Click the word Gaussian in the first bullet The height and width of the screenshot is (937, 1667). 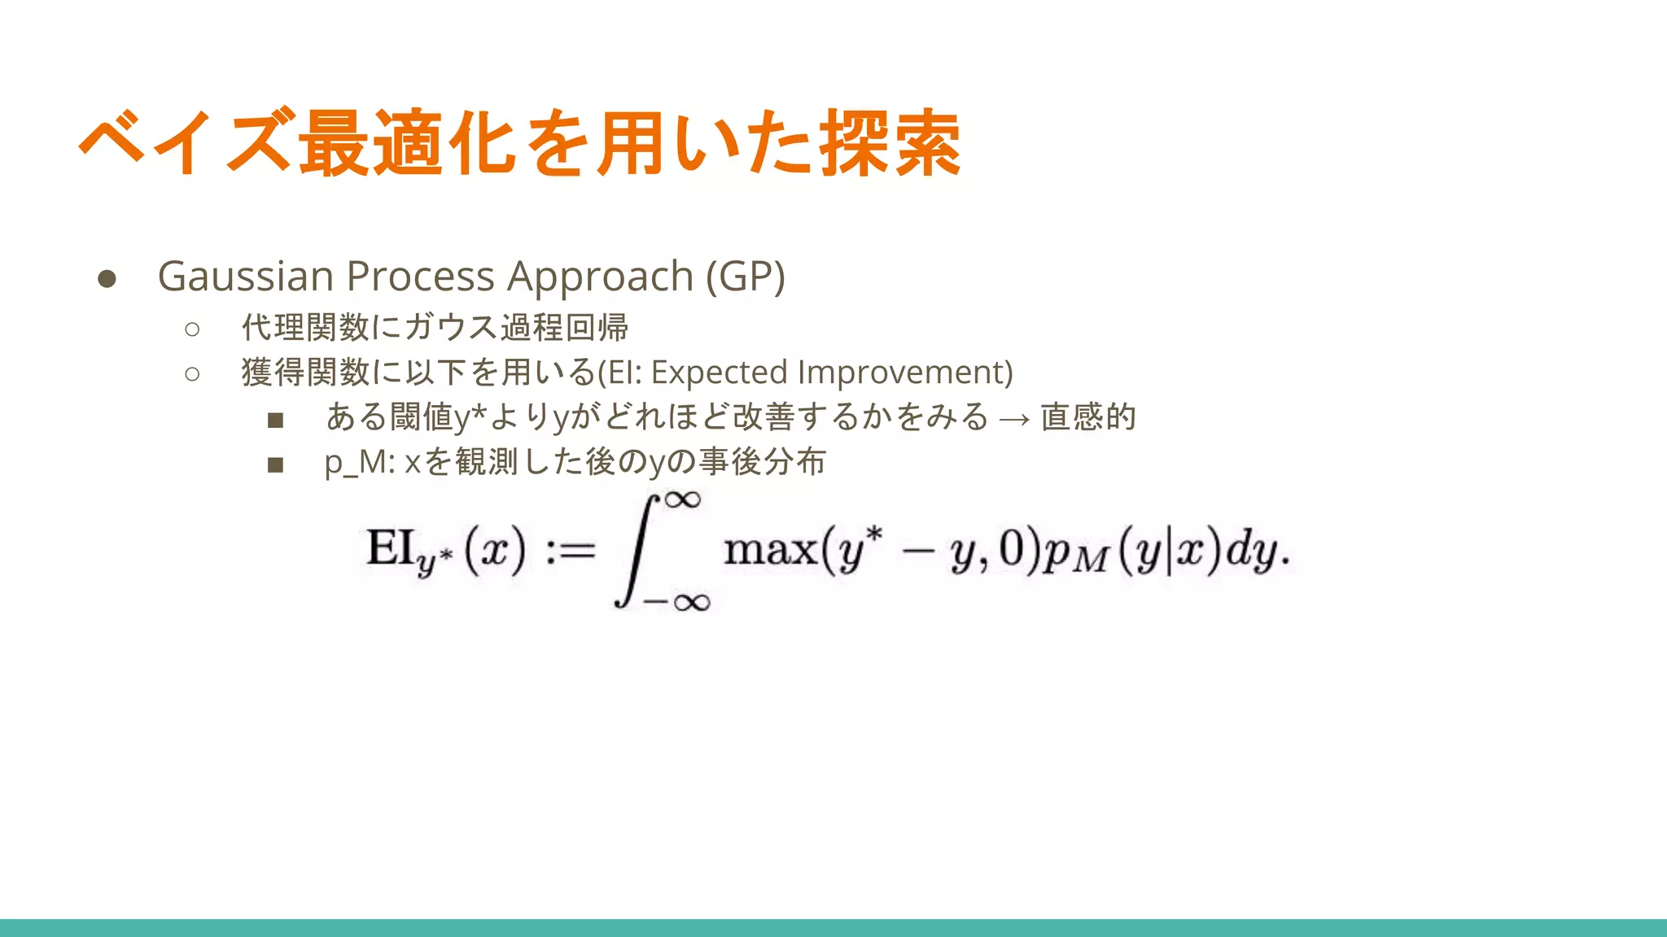pyautogui.click(x=245, y=277)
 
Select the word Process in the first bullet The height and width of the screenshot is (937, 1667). pyautogui.click(x=420, y=277)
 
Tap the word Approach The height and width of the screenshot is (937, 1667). pyautogui.click(x=600, y=277)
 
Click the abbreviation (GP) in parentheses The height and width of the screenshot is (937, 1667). pyautogui.click(x=745, y=277)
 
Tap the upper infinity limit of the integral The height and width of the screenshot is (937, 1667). pyautogui.click(x=682, y=499)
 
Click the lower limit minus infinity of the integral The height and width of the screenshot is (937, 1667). pyautogui.click(x=676, y=603)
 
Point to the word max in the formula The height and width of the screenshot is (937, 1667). pyautogui.click(x=770, y=550)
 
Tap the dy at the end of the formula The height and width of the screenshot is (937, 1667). pyautogui.click(x=1253, y=551)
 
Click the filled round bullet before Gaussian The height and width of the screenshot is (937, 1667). pyautogui.click(x=107, y=279)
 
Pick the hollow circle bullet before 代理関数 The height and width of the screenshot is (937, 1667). pyautogui.click(x=192, y=329)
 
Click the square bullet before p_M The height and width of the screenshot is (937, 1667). pyautogui.click(x=275, y=465)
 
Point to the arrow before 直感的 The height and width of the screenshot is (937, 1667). pyautogui.click(x=1014, y=419)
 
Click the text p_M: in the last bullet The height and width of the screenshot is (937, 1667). pyautogui.click(x=359, y=463)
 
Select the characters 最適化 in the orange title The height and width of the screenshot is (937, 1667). pyautogui.click(x=408, y=144)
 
